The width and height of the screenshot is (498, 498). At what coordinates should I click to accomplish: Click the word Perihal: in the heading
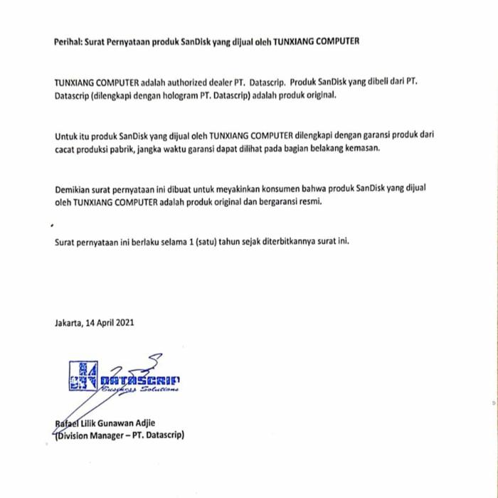(x=69, y=41)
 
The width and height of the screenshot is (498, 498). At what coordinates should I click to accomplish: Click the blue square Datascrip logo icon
(x=83, y=376)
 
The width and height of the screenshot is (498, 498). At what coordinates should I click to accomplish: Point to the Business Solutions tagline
(x=139, y=389)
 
